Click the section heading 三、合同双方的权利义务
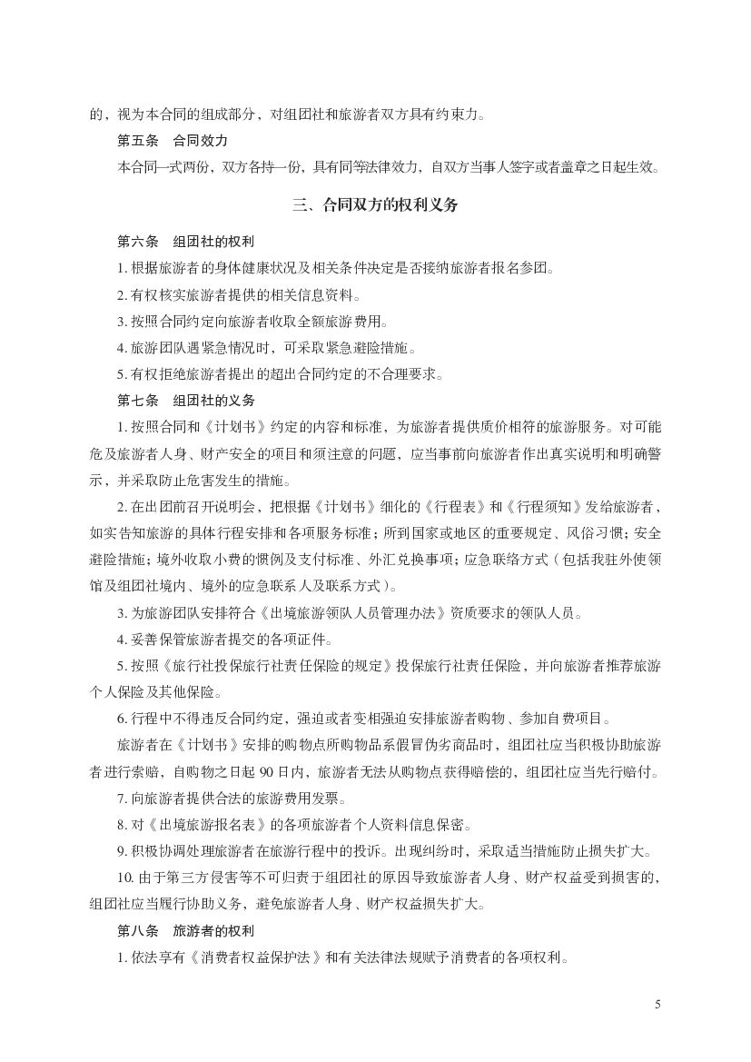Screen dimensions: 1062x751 [375, 205]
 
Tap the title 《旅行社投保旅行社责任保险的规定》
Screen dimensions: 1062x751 [282, 666]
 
